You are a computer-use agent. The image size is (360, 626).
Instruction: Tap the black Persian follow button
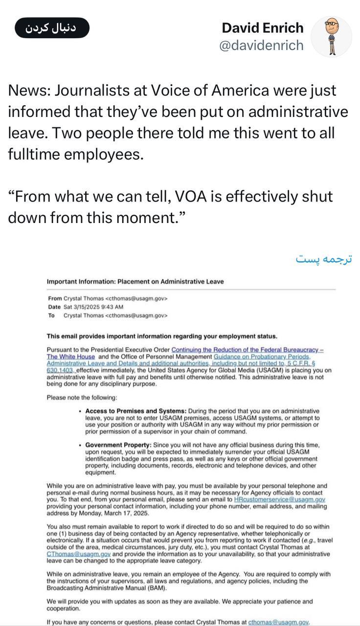point(51,28)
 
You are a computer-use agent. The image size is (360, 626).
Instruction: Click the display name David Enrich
point(262,27)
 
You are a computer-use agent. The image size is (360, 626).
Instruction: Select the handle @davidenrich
point(261,45)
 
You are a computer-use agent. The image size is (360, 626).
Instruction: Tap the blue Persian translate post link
point(324,259)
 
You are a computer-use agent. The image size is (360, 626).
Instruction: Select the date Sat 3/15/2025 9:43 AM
point(93,307)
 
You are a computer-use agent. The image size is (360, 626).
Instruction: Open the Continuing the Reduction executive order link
point(247,350)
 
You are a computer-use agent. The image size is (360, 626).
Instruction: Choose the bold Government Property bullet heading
point(118,446)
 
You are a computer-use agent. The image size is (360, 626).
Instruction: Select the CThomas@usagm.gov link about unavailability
point(79,554)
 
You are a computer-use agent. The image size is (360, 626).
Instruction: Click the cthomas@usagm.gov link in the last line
point(279,622)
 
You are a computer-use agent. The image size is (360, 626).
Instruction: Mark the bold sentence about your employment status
point(161,336)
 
